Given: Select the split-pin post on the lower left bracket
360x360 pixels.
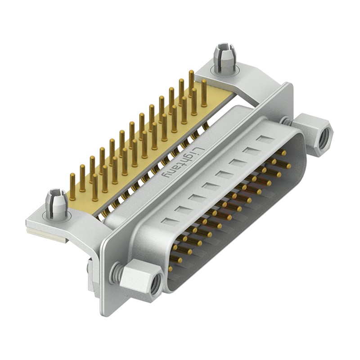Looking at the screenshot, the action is point(57,202).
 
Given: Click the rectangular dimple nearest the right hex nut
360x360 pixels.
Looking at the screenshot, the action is point(266,139).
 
